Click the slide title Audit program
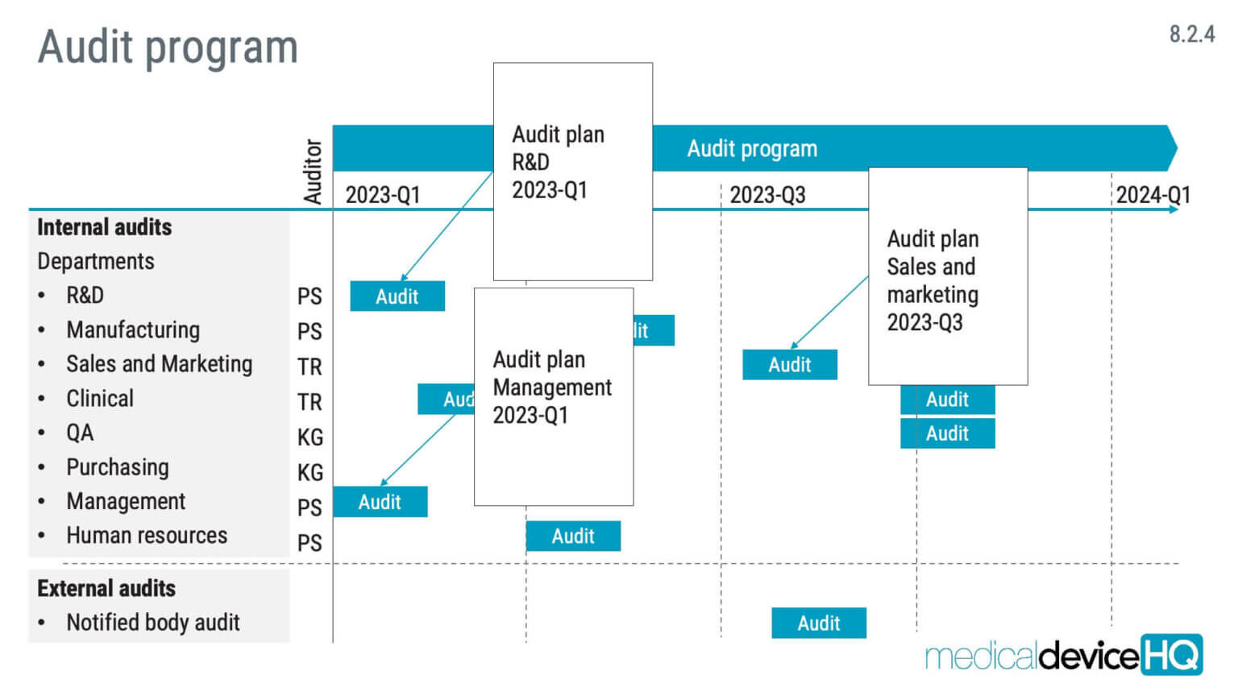[x=168, y=47]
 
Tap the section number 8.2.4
[x=1191, y=34]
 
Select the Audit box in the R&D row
[x=397, y=296]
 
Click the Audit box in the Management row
[x=380, y=502]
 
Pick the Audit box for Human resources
[x=573, y=536]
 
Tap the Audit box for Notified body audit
[x=818, y=623]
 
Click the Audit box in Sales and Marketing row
[x=789, y=365]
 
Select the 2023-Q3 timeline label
[x=767, y=195]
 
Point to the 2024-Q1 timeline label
[x=1153, y=195]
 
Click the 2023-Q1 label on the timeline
[x=383, y=195]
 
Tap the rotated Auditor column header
[x=313, y=172]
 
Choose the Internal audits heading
[x=105, y=227]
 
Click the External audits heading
[x=106, y=589]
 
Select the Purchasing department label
[x=118, y=467]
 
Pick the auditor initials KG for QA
[x=309, y=437]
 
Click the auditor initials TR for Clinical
[x=309, y=402]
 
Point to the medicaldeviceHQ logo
[x=1064, y=655]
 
